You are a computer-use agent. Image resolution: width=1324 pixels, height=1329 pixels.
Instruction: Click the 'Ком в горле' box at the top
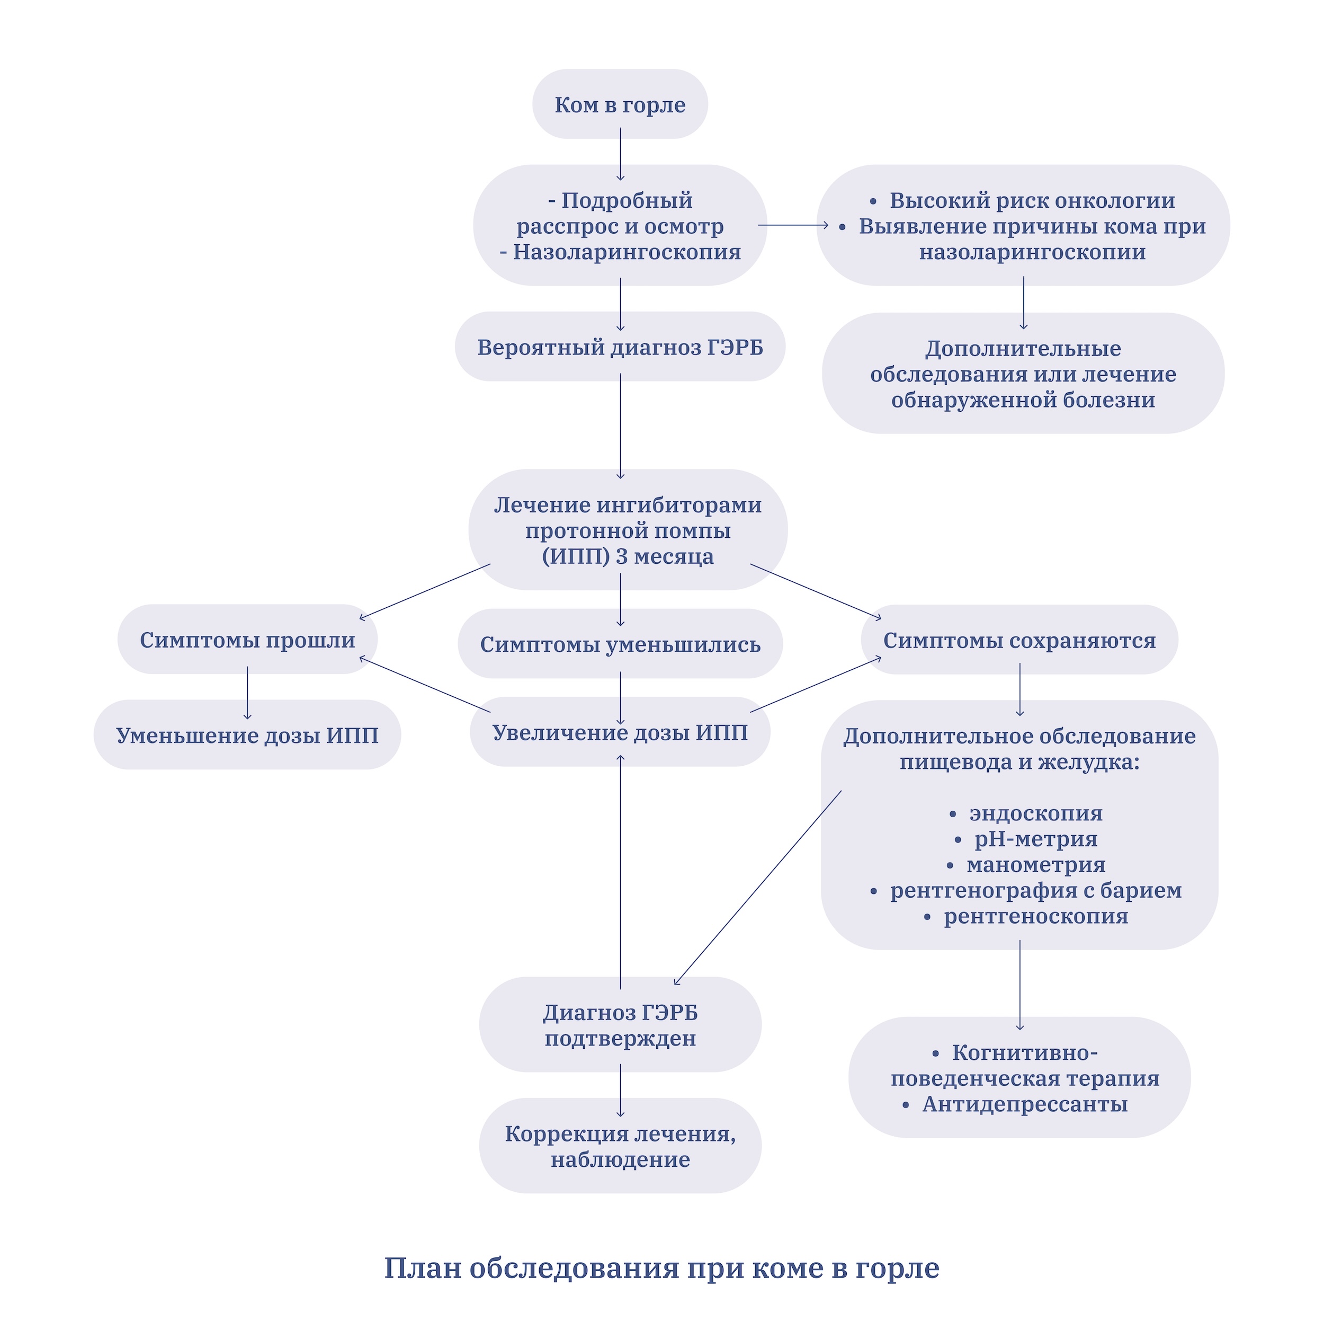pyautogui.click(x=620, y=104)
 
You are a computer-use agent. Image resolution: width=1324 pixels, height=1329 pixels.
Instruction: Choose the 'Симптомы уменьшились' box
pyautogui.click(x=620, y=644)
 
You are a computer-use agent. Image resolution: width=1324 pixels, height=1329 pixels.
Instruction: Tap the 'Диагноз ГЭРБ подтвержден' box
pyautogui.click(x=620, y=1025)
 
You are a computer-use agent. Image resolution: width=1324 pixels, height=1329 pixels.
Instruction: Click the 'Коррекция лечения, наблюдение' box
pyautogui.click(x=620, y=1146)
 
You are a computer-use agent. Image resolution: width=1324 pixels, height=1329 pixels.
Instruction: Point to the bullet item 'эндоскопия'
pyautogui.click(x=1035, y=813)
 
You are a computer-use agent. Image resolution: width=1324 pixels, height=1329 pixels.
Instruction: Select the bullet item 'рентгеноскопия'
pyautogui.click(x=1035, y=916)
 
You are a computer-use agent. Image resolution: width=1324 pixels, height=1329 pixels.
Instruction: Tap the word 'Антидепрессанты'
pyautogui.click(x=1024, y=1104)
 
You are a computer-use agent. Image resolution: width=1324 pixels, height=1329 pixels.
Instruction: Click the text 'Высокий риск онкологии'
pyautogui.click(x=1031, y=200)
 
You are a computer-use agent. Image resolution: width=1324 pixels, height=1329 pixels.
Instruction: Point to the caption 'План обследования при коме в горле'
pyautogui.click(x=661, y=1267)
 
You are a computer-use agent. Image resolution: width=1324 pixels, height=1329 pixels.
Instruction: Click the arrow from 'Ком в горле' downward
pyautogui.click(x=620, y=154)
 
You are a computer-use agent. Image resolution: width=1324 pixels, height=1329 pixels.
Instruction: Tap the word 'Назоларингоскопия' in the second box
pyautogui.click(x=627, y=252)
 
